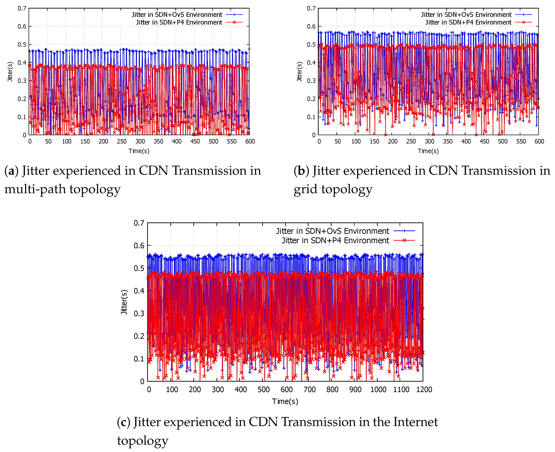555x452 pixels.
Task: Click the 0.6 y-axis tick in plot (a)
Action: (x=22, y=26)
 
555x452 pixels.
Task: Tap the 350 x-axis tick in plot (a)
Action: (x=158, y=141)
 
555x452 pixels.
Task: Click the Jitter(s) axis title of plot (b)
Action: (x=299, y=72)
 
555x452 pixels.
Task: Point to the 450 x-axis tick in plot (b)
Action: (x=484, y=141)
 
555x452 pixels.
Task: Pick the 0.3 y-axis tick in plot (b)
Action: (x=311, y=81)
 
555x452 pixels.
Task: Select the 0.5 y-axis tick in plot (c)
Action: (x=139, y=268)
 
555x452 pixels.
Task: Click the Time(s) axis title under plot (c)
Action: (x=285, y=401)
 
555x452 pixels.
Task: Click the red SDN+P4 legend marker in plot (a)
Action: (x=234, y=22)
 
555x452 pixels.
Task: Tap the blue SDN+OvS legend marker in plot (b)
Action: (x=523, y=15)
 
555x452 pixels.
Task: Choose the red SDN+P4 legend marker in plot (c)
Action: (x=404, y=240)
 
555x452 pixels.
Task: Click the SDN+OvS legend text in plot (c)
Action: (x=332, y=231)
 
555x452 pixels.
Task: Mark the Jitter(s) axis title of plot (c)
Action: (x=124, y=302)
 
